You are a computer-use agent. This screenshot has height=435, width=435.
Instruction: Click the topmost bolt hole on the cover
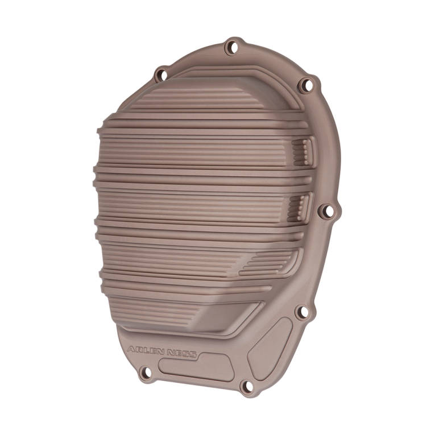click(231, 47)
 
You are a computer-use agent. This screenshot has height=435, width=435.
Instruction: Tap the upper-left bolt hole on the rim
click(161, 74)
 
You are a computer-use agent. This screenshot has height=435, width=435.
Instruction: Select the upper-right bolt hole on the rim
click(306, 85)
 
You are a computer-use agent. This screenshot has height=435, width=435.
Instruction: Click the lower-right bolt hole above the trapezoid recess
click(302, 311)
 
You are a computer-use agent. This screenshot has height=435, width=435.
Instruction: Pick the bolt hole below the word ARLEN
click(144, 373)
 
